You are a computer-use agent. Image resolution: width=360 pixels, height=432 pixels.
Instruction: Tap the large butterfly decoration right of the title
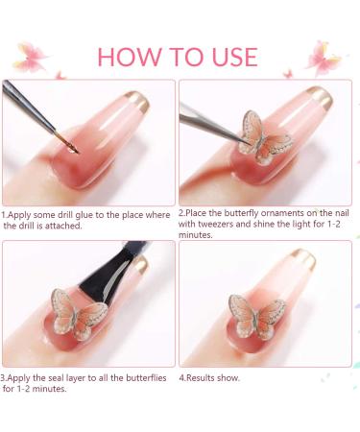[x=323, y=57]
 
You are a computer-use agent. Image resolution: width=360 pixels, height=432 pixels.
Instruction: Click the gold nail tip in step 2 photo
[x=320, y=97]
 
